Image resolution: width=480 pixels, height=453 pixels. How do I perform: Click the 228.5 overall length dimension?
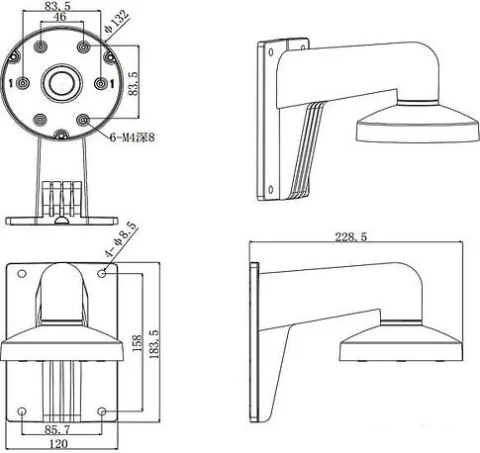(x=350, y=236)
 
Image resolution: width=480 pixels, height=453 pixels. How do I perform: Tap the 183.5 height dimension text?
(x=153, y=344)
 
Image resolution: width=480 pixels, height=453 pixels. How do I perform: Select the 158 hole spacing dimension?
(x=137, y=343)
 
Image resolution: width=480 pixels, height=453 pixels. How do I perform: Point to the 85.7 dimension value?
(x=57, y=429)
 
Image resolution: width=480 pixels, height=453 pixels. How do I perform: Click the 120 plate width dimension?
(x=58, y=444)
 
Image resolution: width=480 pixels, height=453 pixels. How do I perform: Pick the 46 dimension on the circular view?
(x=59, y=17)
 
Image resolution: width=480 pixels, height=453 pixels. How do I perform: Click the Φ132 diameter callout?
(x=116, y=22)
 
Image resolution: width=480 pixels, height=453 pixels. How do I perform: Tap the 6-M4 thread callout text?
(x=132, y=137)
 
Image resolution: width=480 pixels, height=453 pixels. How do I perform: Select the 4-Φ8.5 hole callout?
(x=120, y=239)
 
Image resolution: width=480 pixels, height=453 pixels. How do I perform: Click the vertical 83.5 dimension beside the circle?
(x=134, y=83)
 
